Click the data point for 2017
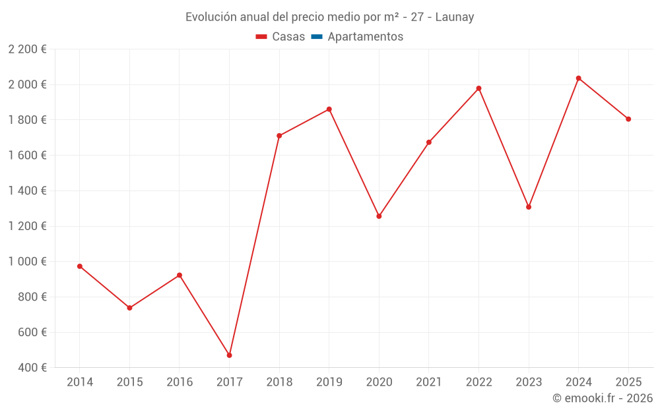229,355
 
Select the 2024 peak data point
578,78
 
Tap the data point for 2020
379,216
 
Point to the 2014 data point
80,266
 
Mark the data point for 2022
478,88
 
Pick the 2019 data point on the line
329,109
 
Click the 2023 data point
529,207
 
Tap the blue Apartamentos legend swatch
317,37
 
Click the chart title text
329,17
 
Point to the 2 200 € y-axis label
27,49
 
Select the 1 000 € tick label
27,262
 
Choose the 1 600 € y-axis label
27,156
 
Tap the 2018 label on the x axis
279,382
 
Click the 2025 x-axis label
628,382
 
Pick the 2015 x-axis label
129,382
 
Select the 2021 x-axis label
429,382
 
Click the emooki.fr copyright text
602,398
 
